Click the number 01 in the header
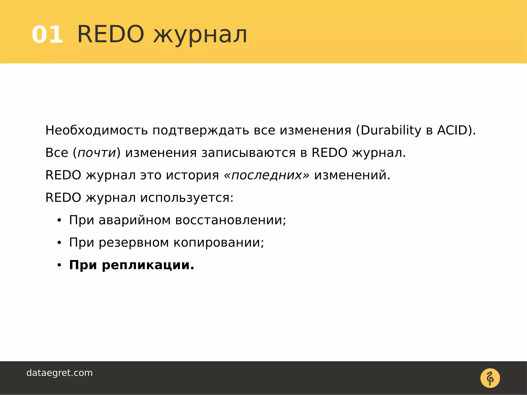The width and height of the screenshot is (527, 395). tap(47, 35)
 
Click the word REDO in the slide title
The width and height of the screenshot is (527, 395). tap(111, 34)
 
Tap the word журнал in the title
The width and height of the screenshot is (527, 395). tap(200, 35)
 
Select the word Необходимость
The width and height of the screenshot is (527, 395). tap(96, 130)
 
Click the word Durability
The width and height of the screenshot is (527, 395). tap(391, 130)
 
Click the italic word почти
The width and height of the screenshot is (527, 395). tap(97, 153)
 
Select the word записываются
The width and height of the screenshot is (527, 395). tap(248, 153)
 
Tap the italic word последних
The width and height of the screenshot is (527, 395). tap(267, 175)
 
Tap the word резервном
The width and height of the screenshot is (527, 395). tap(134, 243)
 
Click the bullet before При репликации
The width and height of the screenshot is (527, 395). tap(59, 265)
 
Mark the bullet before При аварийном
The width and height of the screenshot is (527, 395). tap(59, 221)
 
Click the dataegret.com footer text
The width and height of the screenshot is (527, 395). tap(59, 373)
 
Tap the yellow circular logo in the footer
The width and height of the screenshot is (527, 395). tap(490, 378)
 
